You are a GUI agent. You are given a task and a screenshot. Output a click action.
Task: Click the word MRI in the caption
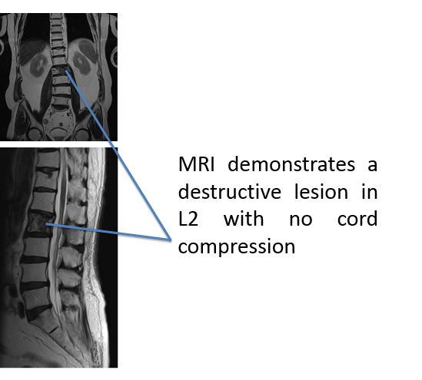coord(197,164)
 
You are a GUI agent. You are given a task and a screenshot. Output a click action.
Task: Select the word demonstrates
coord(291,164)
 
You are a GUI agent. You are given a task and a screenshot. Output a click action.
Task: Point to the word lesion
coord(321,192)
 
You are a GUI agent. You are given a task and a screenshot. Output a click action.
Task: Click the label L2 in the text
coord(188,219)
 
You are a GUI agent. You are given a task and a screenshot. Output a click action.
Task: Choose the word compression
coord(237,247)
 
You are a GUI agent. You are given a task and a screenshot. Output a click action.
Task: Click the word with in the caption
coord(244,219)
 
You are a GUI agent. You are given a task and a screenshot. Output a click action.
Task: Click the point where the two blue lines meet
coord(171,240)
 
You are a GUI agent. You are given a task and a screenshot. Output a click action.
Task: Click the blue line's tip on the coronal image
coord(65,71)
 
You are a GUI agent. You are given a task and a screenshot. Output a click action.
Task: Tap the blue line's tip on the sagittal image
coord(46,223)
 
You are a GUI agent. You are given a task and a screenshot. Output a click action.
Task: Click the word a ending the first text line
coord(372,165)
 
